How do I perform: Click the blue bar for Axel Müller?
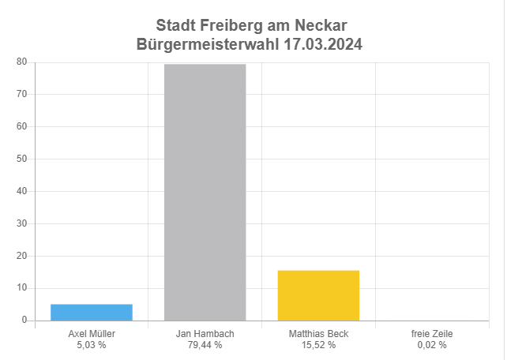click(92, 313)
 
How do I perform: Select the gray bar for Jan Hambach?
click(205, 193)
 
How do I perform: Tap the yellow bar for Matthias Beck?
click(318, 295)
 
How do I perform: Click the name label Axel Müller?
click(92, 334)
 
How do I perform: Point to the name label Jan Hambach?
click(205, 334)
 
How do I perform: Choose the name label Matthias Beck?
click(318, 334)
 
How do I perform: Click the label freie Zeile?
click(432, 334)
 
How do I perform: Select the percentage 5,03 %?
click(92, 345)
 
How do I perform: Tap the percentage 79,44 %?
click(205, 345)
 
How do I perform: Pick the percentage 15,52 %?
click(318, 345)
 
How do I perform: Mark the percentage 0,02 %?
click(432, 345)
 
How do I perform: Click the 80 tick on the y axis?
click(22, 62)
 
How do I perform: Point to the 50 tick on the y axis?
click(22, 159)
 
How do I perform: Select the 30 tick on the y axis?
click(22, 223)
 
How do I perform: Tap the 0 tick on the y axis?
click(24, 321)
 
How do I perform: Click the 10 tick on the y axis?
click(22, 288)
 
